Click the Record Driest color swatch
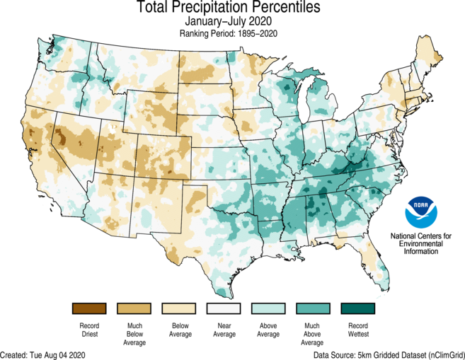pyautogui.click(x=88, y=308)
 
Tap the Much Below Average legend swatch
pyautogui.click(x=134, y=308)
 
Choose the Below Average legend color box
pyautogui.click(x=179, y=308)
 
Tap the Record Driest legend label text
pyautogui.click(x=88, y=330)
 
